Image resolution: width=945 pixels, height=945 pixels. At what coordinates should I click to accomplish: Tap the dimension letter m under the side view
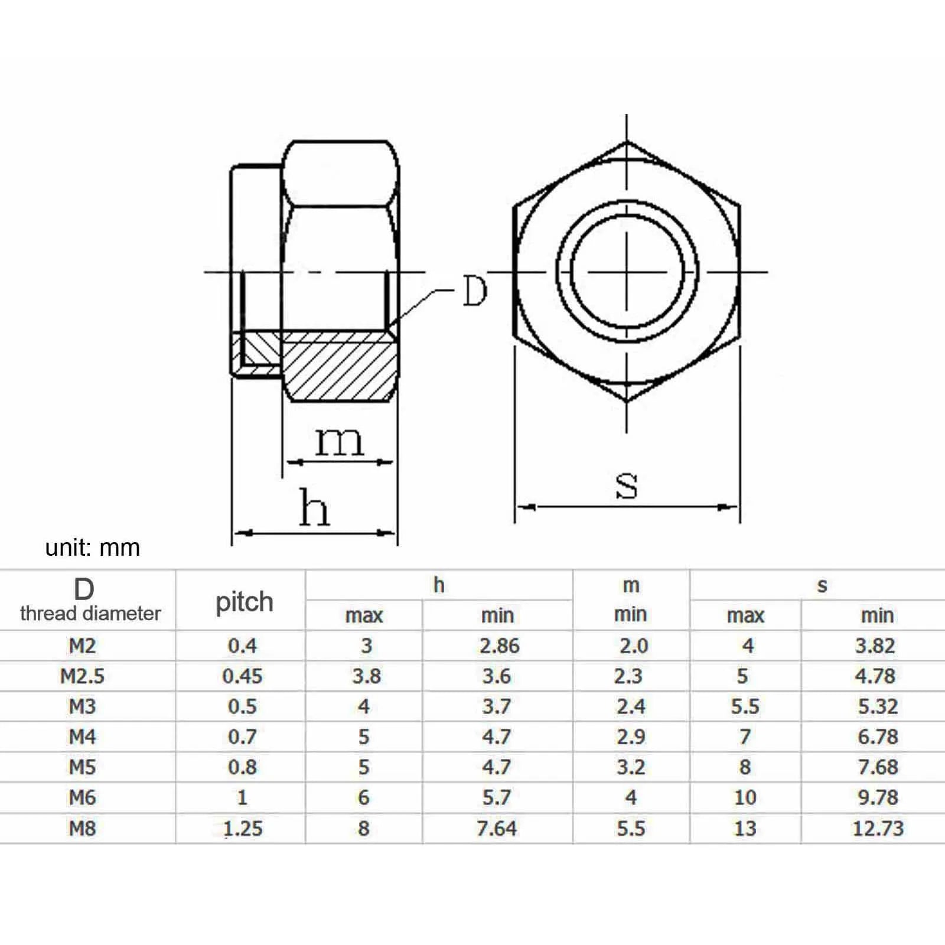coord(338,441)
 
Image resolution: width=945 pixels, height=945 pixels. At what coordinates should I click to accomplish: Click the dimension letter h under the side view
coord(314,508)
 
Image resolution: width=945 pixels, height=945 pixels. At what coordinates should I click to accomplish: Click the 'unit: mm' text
coord(93,548)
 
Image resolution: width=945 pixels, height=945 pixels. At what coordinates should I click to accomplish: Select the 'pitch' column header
coord(244,602)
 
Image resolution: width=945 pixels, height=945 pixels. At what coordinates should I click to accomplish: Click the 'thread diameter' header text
coord(90,614)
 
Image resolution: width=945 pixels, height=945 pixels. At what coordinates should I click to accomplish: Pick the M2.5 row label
coord(82,676)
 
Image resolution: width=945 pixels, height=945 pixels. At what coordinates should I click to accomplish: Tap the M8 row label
coord(82,828)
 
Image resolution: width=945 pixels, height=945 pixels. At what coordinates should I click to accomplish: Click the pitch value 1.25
coord(243,828)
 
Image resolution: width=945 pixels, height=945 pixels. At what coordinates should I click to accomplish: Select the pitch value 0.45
coord(242,676)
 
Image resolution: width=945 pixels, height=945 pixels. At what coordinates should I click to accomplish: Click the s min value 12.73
coord(878,828)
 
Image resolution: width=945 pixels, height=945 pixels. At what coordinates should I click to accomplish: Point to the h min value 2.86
coord(499,646)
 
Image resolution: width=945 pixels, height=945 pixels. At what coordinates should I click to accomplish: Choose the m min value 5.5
coord(630,828)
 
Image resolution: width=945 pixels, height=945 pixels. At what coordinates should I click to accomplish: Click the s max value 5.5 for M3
coord(745,706)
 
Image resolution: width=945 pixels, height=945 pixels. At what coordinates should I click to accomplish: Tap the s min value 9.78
coord(878,797)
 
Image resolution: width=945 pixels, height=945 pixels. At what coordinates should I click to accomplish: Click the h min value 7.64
coord(496,828)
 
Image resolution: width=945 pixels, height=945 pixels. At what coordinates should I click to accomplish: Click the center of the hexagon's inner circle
coord(627,272)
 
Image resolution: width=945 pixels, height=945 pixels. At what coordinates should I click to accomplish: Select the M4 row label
coord(82,737)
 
